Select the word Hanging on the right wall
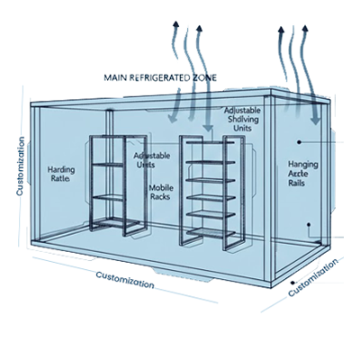(x=303, y=165)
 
